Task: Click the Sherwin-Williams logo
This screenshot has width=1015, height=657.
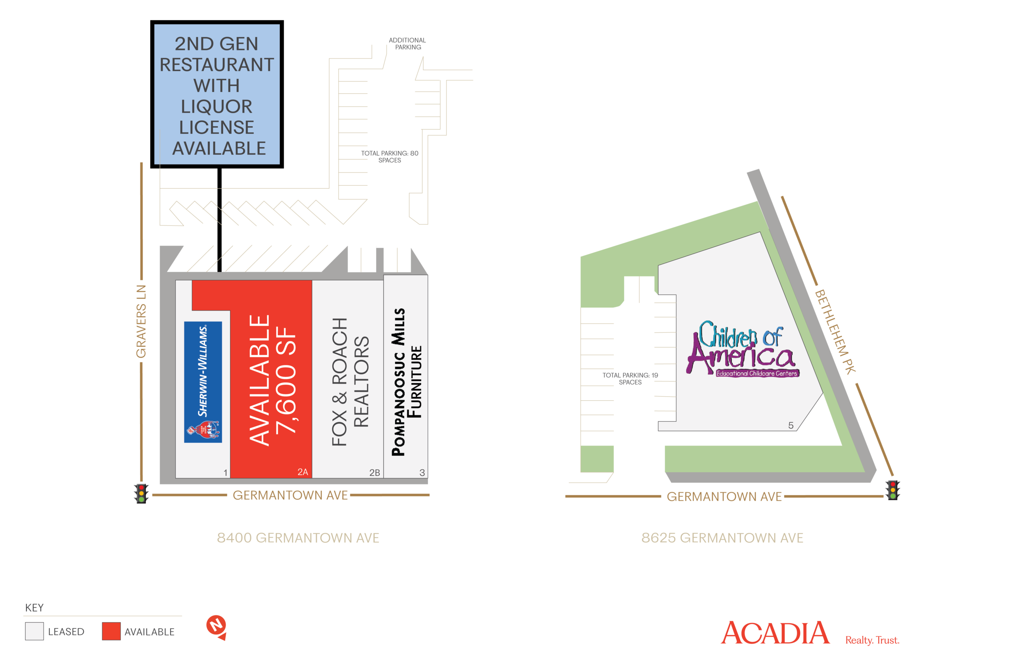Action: click(203, 382)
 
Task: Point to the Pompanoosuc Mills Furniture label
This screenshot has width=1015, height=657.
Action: click(407, 382)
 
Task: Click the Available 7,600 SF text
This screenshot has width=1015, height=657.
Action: click(272, 380)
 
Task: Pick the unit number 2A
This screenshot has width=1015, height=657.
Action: click(303, 472)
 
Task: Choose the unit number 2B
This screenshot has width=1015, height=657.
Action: click(374, 472)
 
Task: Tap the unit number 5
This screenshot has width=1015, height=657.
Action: click(791, 425)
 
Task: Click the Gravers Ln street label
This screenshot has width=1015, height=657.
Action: click(141, 322)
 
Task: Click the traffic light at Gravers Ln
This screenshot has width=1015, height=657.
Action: click(141, 493)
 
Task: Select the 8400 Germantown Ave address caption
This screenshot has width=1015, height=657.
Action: click(297, 538)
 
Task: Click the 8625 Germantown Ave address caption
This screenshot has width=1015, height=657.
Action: click(722, 538)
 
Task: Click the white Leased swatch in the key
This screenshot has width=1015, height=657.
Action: click(34, 631)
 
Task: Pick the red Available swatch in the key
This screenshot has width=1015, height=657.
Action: click(111, 631)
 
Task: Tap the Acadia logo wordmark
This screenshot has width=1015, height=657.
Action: click(775, 633)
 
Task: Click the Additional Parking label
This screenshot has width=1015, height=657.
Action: click(407, 44)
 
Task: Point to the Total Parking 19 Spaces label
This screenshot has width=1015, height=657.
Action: click(630, 378)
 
